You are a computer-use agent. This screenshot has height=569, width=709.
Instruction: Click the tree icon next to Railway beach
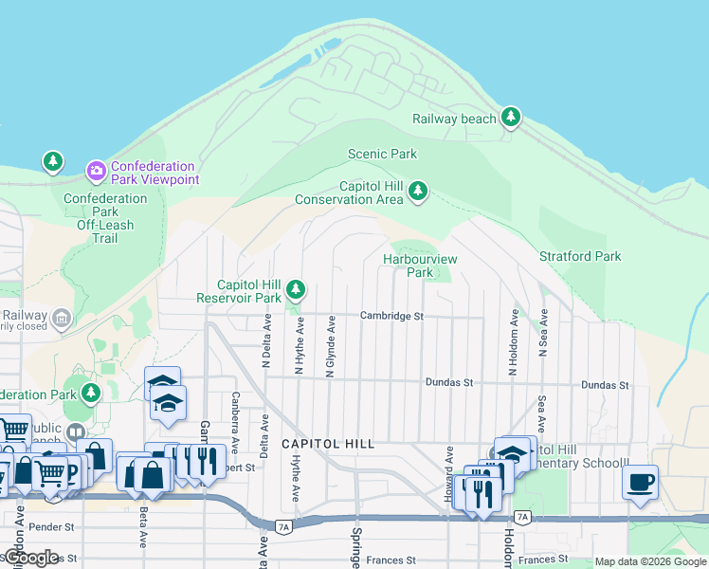tap(512, 117)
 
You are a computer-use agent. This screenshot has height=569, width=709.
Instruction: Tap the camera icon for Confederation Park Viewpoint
tap(96, 171)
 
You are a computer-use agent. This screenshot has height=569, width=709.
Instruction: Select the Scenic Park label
tap(382, 154)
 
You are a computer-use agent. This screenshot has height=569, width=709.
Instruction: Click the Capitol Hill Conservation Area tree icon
tap(418, 193)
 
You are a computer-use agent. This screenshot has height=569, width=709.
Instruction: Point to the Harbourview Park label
tap(420, 266)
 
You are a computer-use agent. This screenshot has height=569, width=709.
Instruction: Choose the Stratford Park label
tap(580, 256)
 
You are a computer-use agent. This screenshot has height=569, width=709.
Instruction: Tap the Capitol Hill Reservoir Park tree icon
tap(297, 288)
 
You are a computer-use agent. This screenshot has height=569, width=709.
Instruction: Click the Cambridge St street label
tap(391, 316)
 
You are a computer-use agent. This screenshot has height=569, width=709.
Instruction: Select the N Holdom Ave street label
tap(513, 342)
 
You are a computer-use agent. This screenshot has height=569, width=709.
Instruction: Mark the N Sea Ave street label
tap(543, 333)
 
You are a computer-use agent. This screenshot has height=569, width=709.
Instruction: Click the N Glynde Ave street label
tap(331, 346)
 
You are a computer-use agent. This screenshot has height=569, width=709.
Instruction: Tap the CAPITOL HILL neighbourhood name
tap(327, 444)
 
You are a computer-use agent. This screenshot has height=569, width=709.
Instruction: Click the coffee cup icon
tap(640, 482)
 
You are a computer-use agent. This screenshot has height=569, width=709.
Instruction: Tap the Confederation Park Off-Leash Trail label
tap(105, 218)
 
